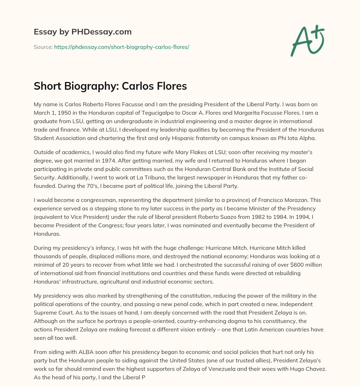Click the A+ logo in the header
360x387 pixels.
click(307, 40)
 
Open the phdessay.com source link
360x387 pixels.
click(121, 47)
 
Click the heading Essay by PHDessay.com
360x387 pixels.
click(83, 32)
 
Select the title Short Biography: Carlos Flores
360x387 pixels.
click(110, 87)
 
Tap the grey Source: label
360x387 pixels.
click(43, 47)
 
